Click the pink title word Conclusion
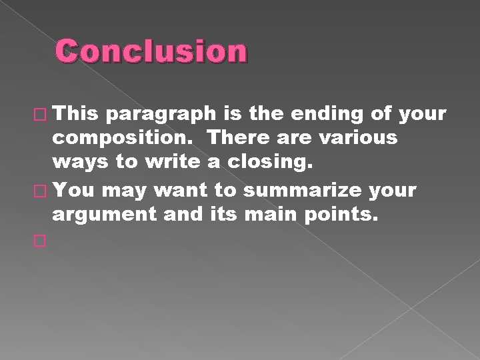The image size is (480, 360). [151, 52]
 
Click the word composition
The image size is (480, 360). [125, 139]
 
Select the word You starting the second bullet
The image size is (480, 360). [75, 191]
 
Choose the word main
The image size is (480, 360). [273, 215]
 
